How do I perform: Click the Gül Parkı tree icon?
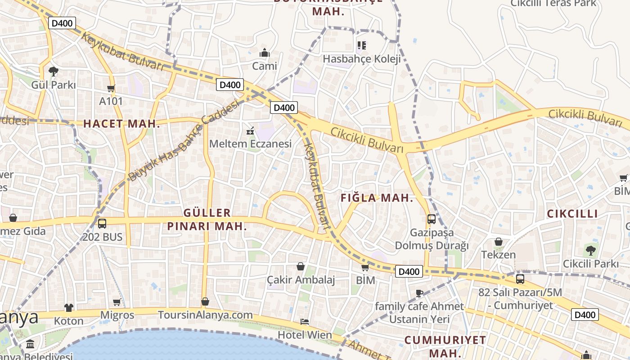[54, 71]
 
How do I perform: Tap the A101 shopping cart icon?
[111, 88]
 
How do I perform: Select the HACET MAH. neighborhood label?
[121, 124]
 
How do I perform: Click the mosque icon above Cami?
[265, 53]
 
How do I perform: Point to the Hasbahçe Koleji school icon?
[361, 45]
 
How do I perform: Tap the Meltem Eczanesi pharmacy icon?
[250, 131]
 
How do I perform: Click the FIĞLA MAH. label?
[377, 198]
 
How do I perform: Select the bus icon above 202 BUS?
[102, 223]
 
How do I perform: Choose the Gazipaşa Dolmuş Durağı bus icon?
[432, 219]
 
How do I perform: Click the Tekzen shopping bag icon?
[499, 242]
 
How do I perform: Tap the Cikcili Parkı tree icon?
[591, 250]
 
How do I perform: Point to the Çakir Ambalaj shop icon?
[301, 266]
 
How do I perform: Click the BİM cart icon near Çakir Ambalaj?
[365, 267]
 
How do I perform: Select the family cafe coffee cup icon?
[419, 293]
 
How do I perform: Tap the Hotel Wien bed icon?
[305, 322]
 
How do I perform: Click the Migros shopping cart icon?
[117, 302]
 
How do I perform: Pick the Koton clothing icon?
[68, 308]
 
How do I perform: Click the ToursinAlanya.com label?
[205, 315]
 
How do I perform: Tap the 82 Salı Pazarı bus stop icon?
[520, 279]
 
